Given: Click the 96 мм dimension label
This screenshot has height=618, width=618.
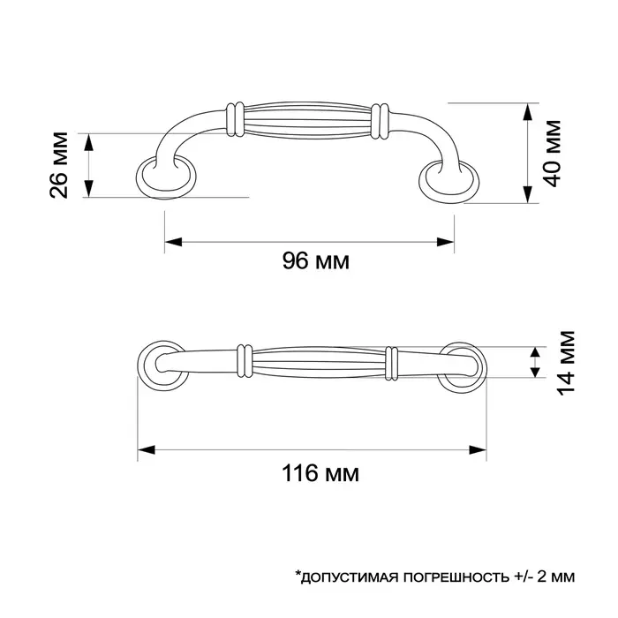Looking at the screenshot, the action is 316,261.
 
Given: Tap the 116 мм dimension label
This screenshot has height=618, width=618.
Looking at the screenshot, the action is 320,473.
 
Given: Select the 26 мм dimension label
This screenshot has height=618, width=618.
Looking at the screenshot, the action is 59,165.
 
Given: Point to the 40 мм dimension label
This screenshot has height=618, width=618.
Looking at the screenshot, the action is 552,154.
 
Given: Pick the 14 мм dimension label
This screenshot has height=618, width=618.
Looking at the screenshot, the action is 565,363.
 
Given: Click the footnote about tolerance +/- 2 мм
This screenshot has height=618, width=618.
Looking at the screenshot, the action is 434,577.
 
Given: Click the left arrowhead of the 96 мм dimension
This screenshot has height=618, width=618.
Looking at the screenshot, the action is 173,242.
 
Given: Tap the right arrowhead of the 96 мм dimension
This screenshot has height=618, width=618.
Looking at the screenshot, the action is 445,242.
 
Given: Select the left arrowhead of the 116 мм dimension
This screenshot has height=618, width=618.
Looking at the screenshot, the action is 147,449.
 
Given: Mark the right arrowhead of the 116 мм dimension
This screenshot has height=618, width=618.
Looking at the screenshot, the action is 478,449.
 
